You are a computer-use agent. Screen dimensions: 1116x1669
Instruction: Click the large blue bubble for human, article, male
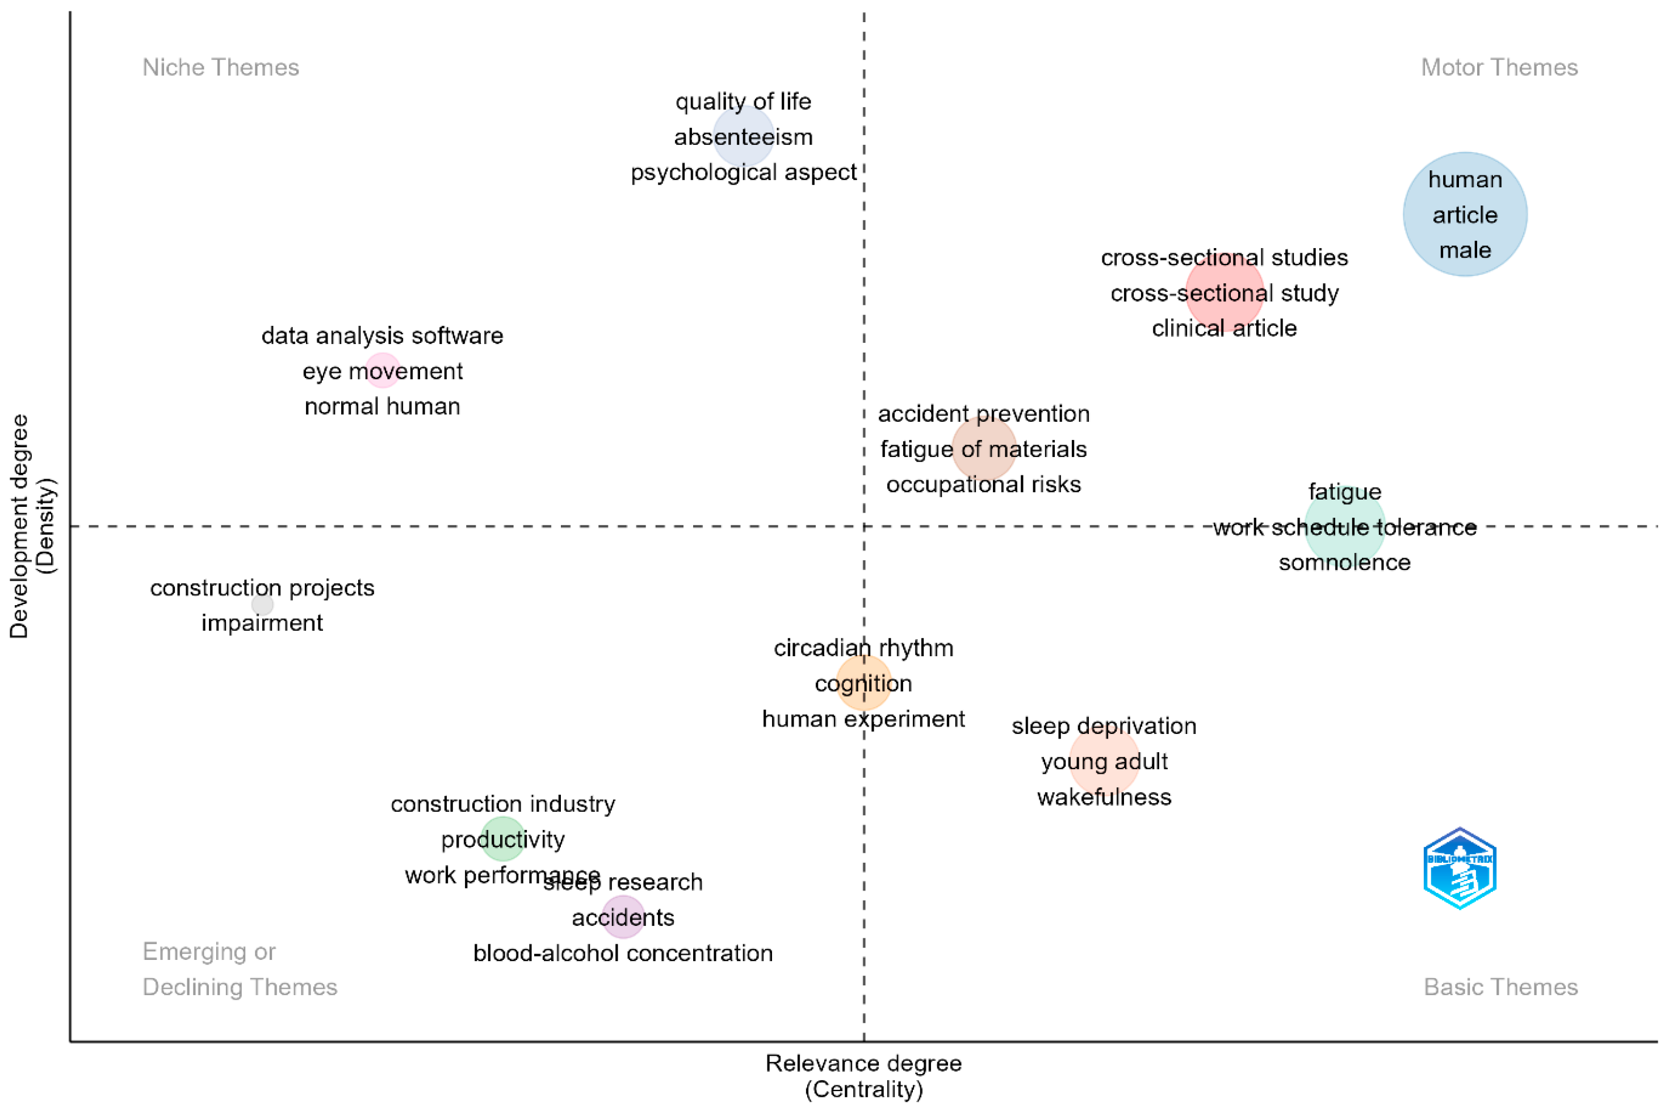click(1464, 213)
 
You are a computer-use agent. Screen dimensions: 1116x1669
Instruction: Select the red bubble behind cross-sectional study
click(1223, 292)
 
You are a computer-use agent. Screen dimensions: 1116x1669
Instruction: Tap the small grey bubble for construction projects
click(262, 604)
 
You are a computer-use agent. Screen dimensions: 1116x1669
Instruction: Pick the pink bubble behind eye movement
click(382, 370)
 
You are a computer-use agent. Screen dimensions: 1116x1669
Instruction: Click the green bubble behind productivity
click(502, 838)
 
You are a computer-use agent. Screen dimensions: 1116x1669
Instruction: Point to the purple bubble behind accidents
click(623, 917)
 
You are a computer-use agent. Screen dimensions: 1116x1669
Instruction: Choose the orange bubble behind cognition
click(863, 682)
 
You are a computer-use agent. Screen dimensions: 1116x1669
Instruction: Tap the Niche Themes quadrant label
click(221, 68)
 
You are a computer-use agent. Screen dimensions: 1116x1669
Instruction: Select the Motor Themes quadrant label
click(1499, 68)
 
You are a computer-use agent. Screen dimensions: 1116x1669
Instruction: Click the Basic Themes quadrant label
click(1500, 987)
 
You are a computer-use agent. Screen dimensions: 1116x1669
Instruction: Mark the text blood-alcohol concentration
click(623, 953)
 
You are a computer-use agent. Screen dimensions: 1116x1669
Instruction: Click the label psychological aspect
click(743, 172)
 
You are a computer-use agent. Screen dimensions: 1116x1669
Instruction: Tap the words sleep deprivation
click(1103, 726)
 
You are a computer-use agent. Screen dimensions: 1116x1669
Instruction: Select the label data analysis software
click(382, 335)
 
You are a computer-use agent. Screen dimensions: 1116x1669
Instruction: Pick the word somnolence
click(1344, 563)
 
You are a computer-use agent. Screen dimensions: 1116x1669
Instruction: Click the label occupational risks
click(983, 484)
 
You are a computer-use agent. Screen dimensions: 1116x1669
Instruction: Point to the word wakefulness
click(1103, 796)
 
